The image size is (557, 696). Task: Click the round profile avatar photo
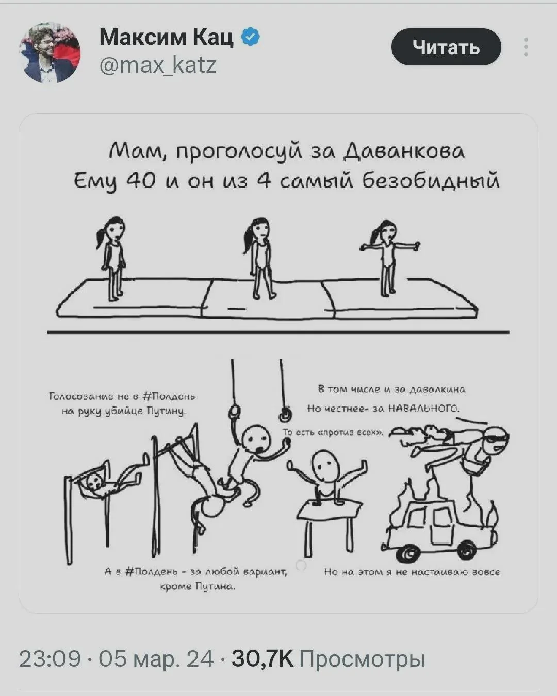(x=50, y=53)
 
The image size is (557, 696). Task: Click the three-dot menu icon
(x=526, y=47)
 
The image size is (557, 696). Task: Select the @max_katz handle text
(x=158, y=65)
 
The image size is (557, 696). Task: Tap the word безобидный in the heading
(x=431, y=181)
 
